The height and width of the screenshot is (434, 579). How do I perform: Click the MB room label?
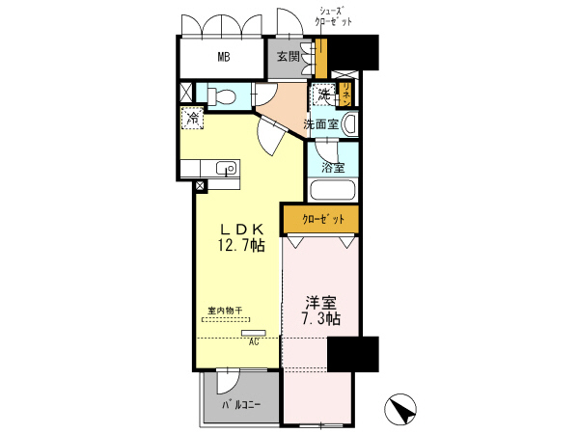(x=223, y=57)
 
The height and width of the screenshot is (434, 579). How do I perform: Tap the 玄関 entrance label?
(x=288, y=57)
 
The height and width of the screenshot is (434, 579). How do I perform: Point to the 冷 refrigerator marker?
(x=193, y=120)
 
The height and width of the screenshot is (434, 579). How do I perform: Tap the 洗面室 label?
(x=320, y=124)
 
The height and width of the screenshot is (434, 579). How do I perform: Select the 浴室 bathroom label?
(x=332, y=167)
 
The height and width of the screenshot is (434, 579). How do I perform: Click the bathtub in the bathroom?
(x=334, y=189)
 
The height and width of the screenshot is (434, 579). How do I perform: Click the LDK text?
(x=241, y=229)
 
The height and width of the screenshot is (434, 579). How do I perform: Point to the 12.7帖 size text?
(x=241, y=247)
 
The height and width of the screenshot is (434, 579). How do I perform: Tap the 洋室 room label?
(x=317, y=301)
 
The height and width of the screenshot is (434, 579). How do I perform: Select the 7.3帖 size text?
(x=317, y=319)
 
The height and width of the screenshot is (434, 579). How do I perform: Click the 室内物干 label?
(x=224, y=311)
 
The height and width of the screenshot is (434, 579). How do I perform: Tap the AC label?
(x=254, y=341)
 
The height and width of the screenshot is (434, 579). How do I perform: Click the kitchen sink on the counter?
(x=228, y=168)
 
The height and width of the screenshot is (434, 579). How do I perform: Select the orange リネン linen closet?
(x=344, y=94)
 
